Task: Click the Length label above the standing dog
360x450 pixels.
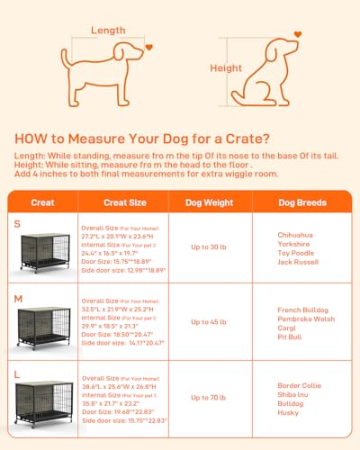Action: (109, 30)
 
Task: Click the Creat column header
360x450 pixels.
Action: (42, 202)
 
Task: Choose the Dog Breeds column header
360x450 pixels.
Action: (301, 202)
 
